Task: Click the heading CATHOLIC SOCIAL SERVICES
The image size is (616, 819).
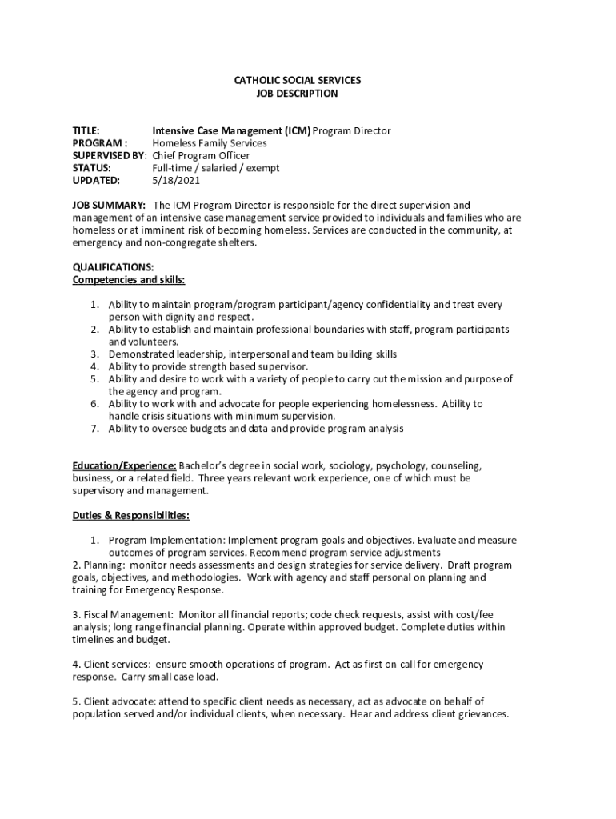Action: (x=297, y=81)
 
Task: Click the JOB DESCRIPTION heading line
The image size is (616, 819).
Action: (x=297, y=94)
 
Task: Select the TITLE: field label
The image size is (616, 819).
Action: (x=86, y=130)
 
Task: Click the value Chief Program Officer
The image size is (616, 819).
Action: (x=201, y=155)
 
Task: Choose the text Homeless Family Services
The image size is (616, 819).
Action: (x=210, y=143)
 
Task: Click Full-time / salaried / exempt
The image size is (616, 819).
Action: (x=216, y=168)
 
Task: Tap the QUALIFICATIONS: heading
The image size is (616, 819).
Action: (x=113, y=266)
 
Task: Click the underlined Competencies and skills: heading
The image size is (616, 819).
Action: (x=129, y=279)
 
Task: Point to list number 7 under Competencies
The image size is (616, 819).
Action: (x=94, y=429)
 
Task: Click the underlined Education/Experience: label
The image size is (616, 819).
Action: (x=124, y=465)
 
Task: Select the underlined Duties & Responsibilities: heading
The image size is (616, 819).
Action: (x=131, y=515)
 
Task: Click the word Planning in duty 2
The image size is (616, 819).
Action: (x=103, y=565)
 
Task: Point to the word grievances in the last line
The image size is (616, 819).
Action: (x=476, y=714)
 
